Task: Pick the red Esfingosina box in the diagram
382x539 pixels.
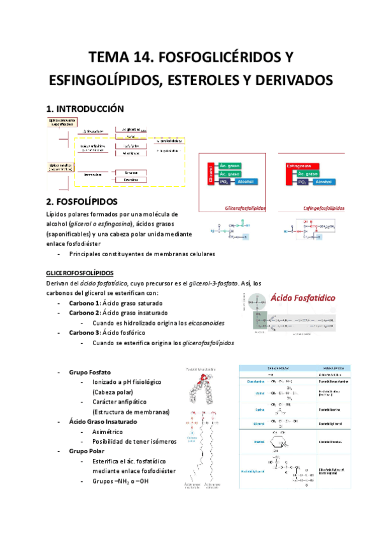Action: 302,165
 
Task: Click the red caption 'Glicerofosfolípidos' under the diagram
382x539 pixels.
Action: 245,207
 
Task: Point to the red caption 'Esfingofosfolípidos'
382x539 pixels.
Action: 324,207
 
